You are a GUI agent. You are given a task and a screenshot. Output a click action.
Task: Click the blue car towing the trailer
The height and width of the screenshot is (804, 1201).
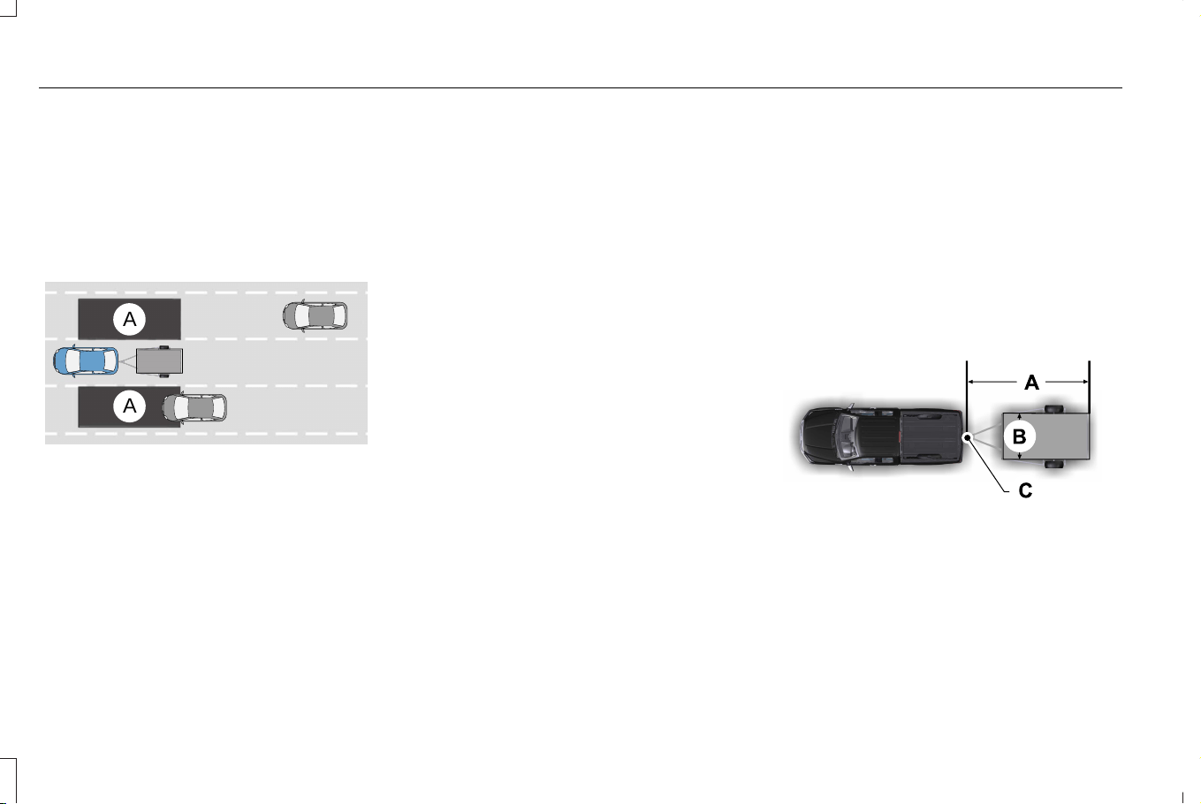pyautogui.click(x=86, y=361)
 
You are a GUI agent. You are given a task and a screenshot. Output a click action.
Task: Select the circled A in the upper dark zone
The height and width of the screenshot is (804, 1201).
pyautogui.click(x=129, y=320)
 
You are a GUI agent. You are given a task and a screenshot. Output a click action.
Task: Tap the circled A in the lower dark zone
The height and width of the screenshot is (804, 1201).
pyautogui.click(x=129, y=406)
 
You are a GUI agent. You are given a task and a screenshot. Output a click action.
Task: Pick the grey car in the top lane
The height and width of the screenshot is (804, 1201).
pyautogui.click(x=315, y=315)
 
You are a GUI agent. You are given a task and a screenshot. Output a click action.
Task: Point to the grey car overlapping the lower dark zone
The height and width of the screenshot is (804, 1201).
pyautogui.click(x=194, y=407)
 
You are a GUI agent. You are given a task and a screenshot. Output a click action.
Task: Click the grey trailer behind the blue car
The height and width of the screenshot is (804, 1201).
pyautogui.click(x=159, y=361)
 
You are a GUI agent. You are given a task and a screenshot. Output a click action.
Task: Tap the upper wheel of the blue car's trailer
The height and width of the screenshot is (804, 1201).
pyautogui.click(x=164, y=347)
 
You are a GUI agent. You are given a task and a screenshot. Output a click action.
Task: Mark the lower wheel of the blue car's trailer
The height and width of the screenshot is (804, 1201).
pyautogui.click(x=164, y=375)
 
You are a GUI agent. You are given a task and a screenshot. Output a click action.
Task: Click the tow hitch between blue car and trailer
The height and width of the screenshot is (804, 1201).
pyautogui.click(x=127, y=361)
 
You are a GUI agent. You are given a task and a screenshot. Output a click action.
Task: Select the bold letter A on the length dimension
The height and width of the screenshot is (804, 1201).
pyautogui.click(x=1031, y=383)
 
